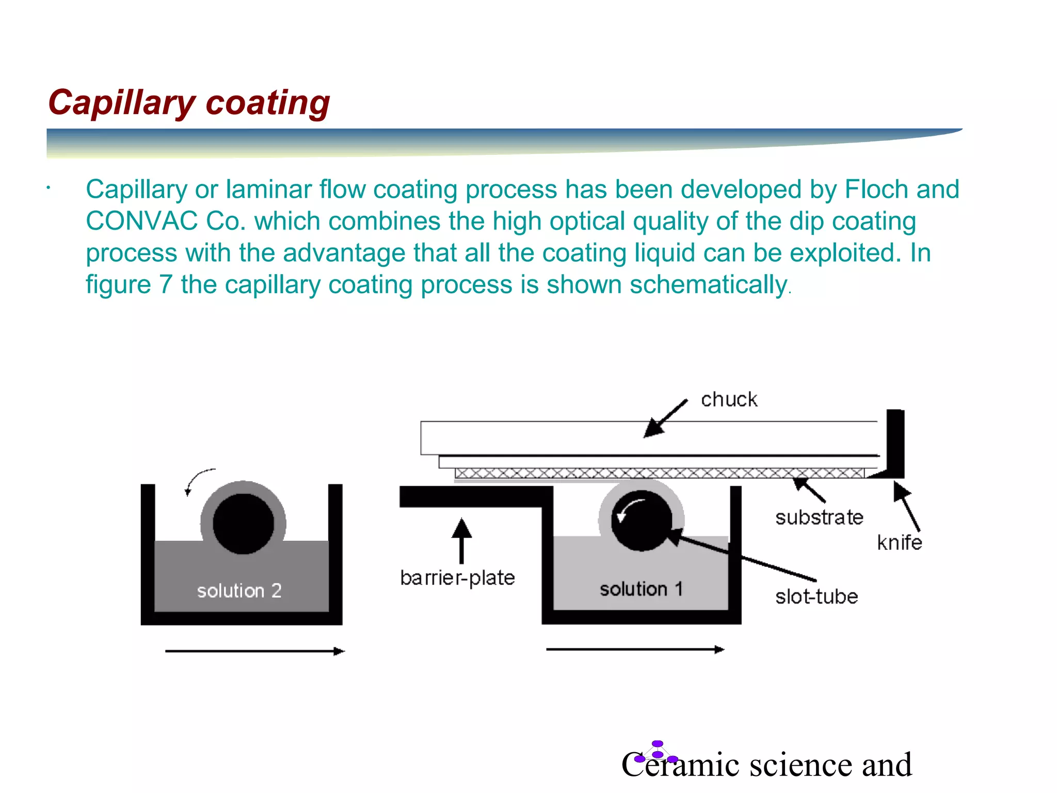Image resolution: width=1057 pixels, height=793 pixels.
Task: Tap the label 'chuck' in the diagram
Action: (x=729, y=400)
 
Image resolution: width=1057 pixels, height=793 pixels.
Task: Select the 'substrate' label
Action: (x=819, y=517)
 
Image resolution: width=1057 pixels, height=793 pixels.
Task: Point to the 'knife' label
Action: (x=899, y=543)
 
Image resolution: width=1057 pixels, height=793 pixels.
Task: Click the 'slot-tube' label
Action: (x=816, y=597)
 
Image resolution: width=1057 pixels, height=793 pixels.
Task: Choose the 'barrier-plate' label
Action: (x=457, y=578)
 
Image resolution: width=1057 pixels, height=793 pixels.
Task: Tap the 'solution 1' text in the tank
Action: (x=641, y=589)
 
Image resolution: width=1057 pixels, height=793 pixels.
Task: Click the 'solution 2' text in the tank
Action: (x=239, y=591)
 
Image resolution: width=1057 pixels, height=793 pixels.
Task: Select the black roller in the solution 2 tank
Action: (x=243, y=524)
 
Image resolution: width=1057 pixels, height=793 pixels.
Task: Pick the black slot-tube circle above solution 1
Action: (x=642, y=520)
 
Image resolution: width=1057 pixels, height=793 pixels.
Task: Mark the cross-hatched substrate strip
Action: (x=659, y=473)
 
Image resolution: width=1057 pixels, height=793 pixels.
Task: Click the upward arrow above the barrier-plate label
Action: (x=461, y=540)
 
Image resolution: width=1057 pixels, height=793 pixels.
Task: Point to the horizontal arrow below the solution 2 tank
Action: (x=254, y=652)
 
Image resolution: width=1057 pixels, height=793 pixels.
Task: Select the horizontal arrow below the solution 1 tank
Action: (x=635, y=649)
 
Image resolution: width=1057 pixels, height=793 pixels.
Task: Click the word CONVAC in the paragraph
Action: (x=141, y=221)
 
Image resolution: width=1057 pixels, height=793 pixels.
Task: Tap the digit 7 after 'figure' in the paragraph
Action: (x=166, y=285)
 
